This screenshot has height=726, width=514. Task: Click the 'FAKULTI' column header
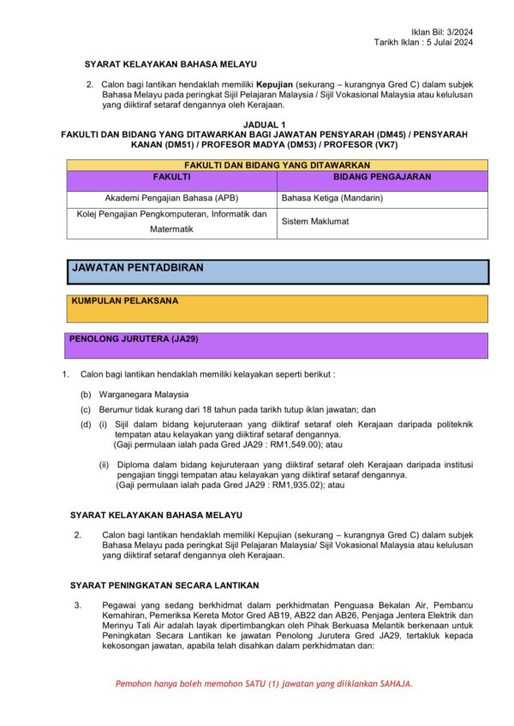coord(171,176)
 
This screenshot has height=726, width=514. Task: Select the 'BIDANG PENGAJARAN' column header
coord(381,176)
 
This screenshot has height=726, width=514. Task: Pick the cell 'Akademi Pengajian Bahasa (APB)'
coord(172,198)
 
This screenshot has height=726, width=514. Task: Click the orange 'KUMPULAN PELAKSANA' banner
coord(278,307)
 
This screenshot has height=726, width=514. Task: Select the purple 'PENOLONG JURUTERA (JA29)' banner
coord(278,344)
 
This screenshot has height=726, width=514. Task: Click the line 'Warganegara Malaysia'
coord(135,395)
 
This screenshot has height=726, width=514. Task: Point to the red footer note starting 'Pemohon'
coord(265,684)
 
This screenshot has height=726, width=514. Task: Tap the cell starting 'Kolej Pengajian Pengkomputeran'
coord(172,221)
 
